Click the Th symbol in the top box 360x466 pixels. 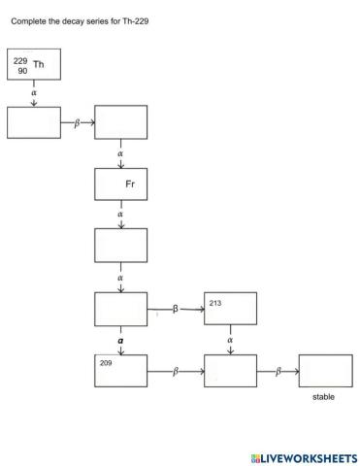[39, 65]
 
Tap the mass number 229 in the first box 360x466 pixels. [20, 61]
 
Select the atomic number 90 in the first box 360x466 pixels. [22, 71]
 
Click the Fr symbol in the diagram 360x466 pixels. [130, 183]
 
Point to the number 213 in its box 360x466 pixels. [215, 303]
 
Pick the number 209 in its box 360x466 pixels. [107, 362]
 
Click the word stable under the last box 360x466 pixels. [324, 396]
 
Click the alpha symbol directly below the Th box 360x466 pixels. [34, 93]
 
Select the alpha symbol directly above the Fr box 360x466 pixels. [120, 153]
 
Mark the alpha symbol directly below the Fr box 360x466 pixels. [120, 214]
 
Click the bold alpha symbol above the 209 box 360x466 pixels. [120, 342]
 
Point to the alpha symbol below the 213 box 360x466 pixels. [230, 340]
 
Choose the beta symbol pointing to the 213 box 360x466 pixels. [176, 309]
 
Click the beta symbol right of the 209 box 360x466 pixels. [176, 371]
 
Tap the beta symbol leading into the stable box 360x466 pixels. [278, 371]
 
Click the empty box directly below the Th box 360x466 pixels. [34, 122]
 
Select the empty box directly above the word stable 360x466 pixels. [325, 371]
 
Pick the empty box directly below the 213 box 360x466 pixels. [230, 371]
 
